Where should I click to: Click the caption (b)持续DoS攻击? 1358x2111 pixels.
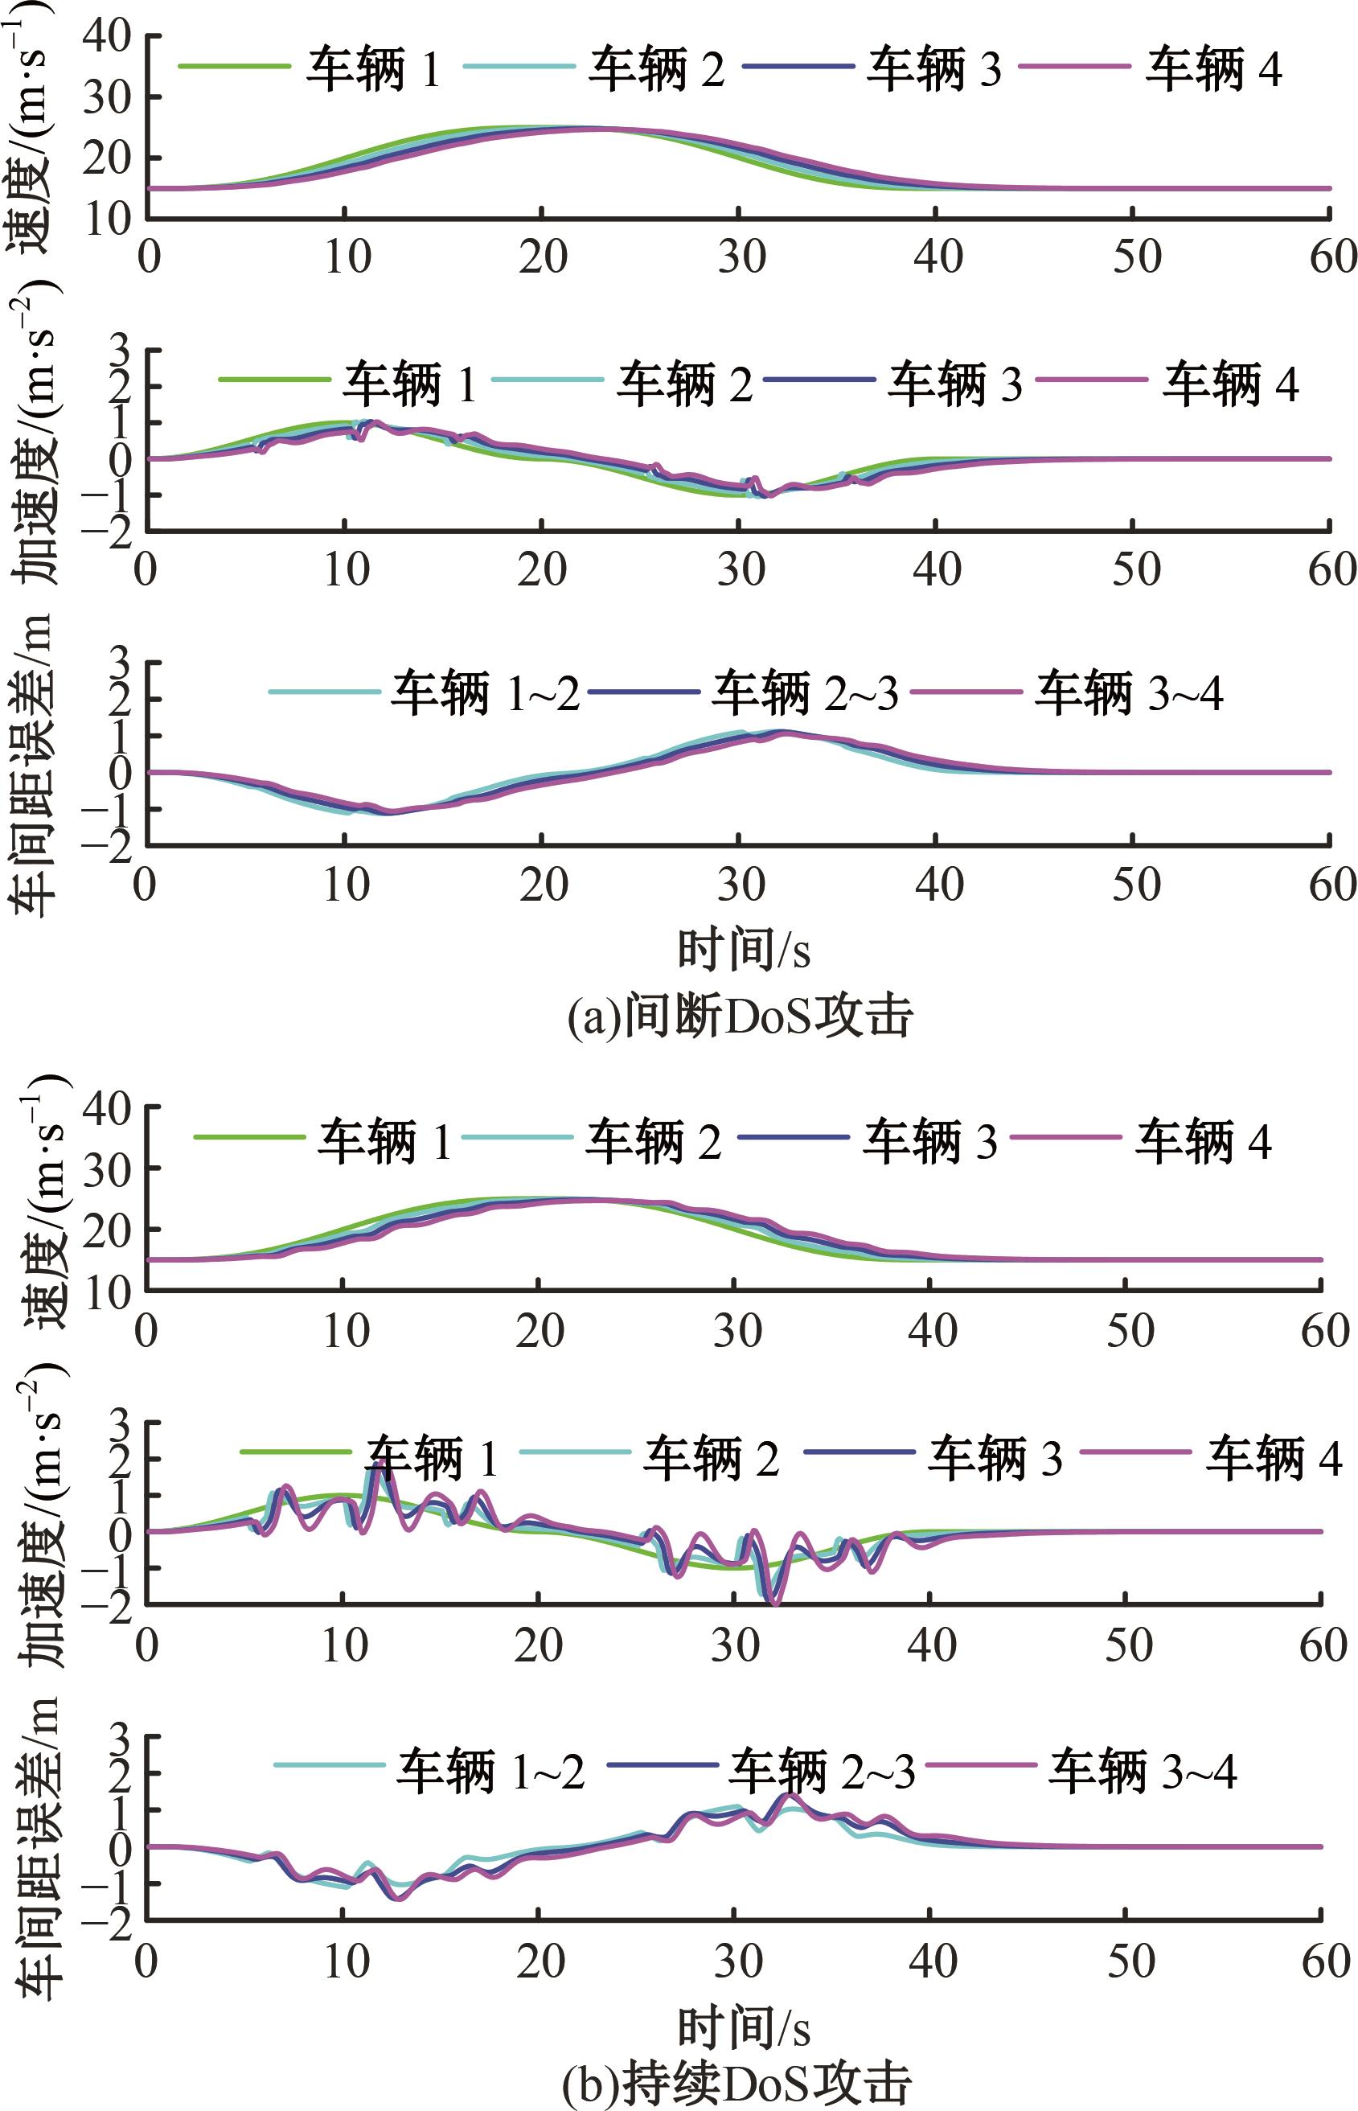(x=736, y=2080)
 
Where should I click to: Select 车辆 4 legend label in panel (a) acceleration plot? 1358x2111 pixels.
(x=1230, y=383)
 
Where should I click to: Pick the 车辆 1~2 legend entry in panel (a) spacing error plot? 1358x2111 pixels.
(x=485, y=693)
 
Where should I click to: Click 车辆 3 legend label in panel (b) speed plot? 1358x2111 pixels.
(x=929, y=1140)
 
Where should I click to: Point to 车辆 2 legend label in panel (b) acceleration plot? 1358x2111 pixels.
(x=711, y=1457)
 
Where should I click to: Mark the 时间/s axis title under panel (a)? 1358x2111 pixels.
(x=744, y=950)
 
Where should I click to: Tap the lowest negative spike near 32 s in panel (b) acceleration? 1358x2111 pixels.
(x=776, y=1603)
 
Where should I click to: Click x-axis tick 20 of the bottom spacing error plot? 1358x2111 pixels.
(x=540, y=1962)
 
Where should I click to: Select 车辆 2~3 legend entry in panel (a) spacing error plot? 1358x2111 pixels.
(x=804, y=693)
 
